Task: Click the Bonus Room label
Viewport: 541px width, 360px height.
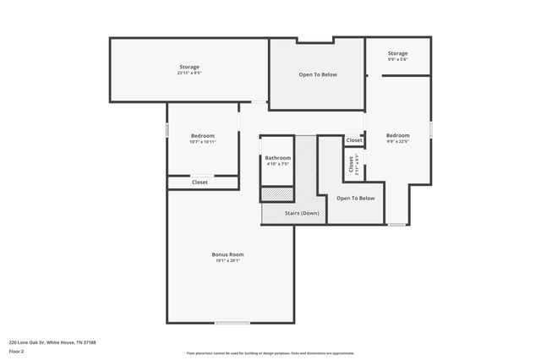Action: [x=227, y=254]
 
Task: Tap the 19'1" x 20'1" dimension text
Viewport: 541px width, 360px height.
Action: [x=227, y=261]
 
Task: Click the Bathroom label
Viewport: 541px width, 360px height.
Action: [x=277, y=158]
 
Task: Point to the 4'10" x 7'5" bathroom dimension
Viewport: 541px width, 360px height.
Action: [x=277, y=164]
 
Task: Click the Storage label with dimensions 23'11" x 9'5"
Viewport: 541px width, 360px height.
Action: [x=189, y=67]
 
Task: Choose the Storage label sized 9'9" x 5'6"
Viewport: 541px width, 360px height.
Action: [x=397, y=53]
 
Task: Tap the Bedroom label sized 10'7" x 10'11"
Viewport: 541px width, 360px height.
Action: [x=202, y=136]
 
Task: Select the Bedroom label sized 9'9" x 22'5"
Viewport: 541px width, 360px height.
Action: [x=397, y=136]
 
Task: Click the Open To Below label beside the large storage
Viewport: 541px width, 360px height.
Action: [x=318, y=74]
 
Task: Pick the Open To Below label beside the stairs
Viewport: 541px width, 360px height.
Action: [x=355, y=198]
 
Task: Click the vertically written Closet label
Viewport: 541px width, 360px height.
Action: [x=351, y=165]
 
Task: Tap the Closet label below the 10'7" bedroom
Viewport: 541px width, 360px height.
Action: [x=200, y=182]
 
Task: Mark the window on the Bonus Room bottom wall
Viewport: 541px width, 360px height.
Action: [x=232, y=323]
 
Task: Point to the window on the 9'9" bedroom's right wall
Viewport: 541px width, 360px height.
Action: [x=430, y=129]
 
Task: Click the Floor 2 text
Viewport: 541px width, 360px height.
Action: [x=16, y=350]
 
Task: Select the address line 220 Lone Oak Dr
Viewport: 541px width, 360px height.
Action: [x=52, y=342]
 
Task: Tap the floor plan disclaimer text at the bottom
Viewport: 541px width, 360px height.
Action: [x=270, y=353]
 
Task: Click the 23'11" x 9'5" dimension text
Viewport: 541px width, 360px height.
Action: [x=189, y=74]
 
